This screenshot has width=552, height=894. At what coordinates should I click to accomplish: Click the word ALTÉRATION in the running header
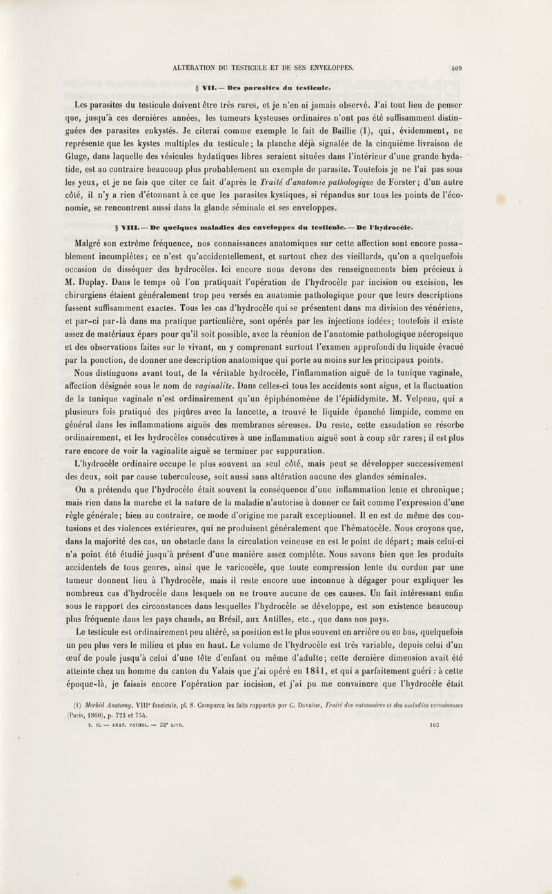(x=188, y=68)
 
